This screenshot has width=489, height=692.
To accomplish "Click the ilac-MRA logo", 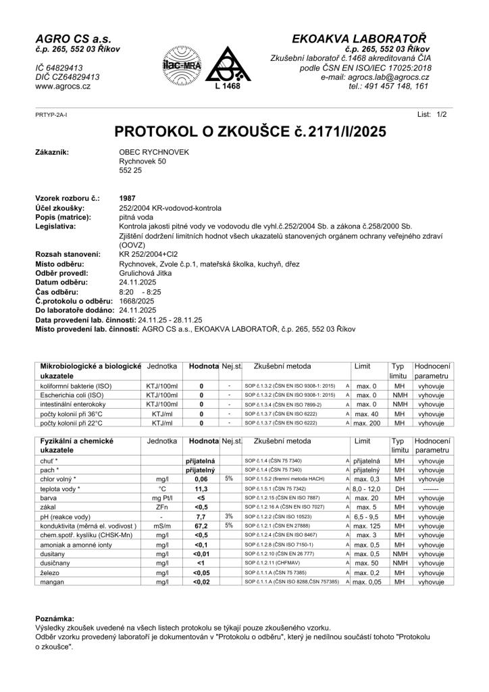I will click(x=177, y=65).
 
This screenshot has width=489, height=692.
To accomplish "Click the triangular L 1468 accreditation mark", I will click(x=222, y=66).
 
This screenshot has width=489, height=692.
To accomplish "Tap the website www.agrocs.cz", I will click(x=63, y=87).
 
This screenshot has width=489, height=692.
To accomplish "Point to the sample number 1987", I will click(x=127, y=198).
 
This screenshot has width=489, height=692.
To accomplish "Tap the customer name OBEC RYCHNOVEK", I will click(x=154, y=153).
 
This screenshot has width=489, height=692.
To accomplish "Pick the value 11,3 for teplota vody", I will click(x=201, y=488).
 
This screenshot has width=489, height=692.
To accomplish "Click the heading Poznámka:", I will click(x=56, y=618).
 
